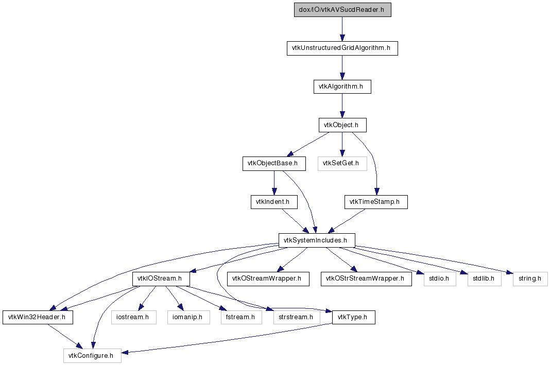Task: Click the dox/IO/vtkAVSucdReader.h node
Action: click(x=342, y=10)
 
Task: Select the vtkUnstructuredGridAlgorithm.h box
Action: click(x=342, y=48)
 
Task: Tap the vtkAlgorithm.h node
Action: click(x=342, y=86)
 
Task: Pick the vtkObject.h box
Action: click(x=342, y=125)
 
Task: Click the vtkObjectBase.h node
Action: click(x=274, y=164)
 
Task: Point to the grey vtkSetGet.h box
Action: click(x=342, y=164)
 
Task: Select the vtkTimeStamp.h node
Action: click(x=376, y=202)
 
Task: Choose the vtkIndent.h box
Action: click(x=274, y=202)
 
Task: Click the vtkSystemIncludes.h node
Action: click(x=317, y=240)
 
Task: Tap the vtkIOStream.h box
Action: click(x=161, y=279)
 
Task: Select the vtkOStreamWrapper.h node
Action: click(x=268, y=279)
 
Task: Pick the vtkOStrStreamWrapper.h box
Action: click(x=366, y=279)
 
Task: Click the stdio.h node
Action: click(x=440, y=279)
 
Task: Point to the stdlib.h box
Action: click(x=485, y=279)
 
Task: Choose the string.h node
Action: click(x=530, y=279)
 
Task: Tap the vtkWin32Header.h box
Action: click(x=38, y=317)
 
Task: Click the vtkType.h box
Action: click(x=354, y=317)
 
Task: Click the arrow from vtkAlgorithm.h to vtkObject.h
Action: click(x=342, y=106)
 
